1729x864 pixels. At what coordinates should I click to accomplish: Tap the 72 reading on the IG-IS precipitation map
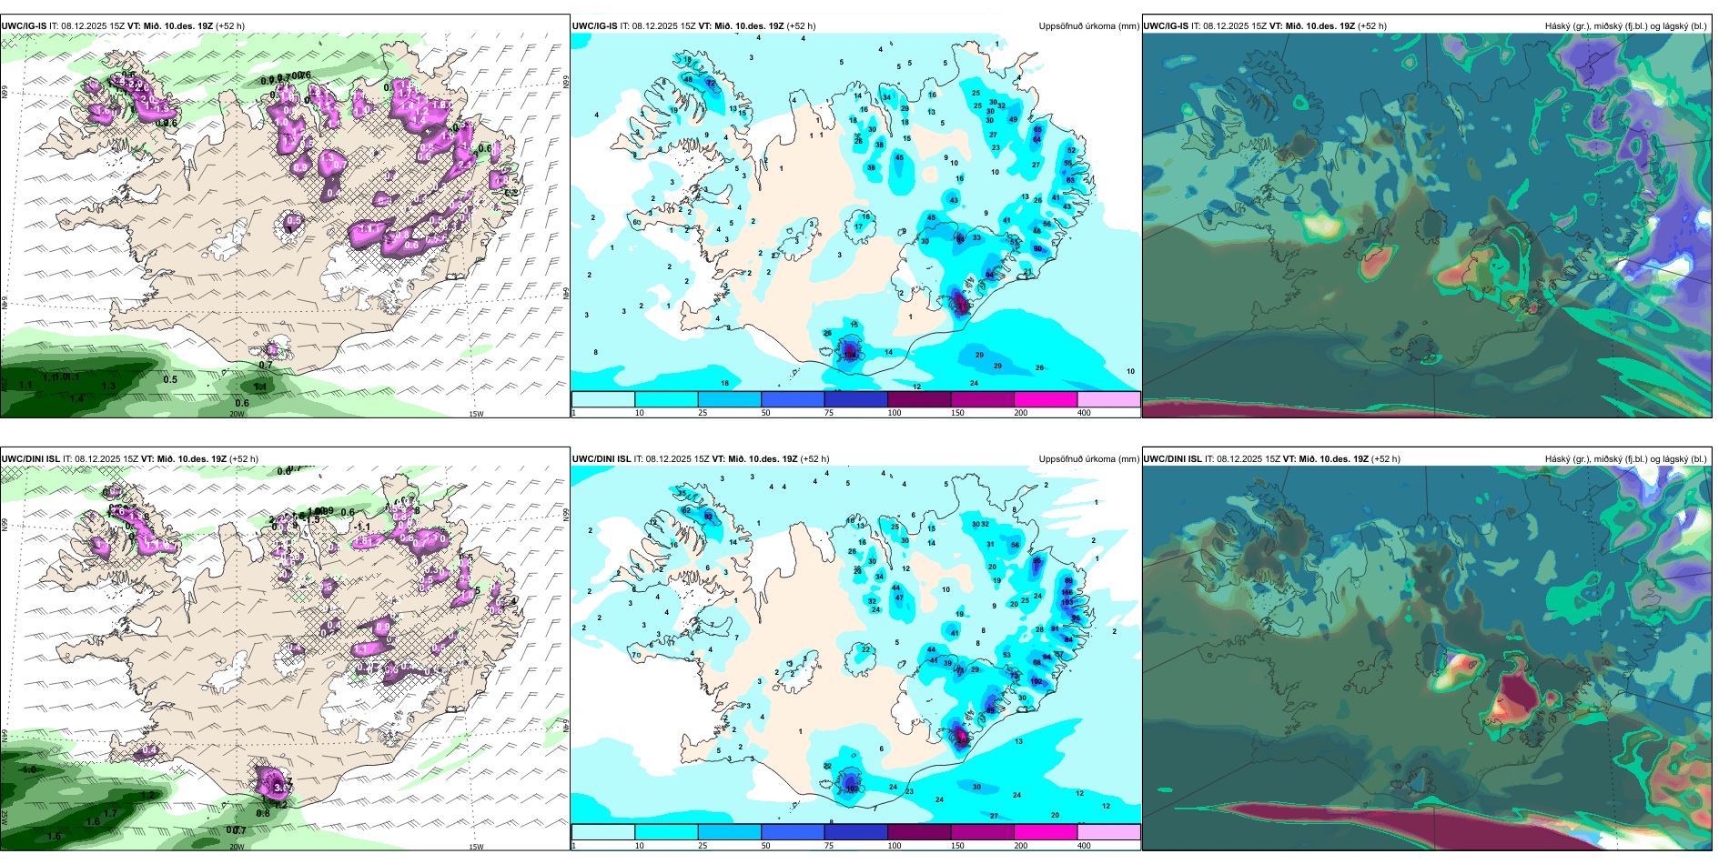point(711,83)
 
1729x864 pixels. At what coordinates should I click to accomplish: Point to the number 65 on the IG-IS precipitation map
point(1037,130)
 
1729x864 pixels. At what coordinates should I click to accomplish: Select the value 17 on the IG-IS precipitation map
point(858,226)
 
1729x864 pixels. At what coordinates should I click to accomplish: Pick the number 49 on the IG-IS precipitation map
point(1013,119)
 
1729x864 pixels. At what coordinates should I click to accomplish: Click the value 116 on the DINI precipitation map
point(1067,592)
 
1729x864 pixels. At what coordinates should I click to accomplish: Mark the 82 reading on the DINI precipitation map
point(708,516)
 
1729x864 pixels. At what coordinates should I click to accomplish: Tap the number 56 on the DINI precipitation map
point(1016,546)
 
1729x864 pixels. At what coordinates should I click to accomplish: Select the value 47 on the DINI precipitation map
point(899,598)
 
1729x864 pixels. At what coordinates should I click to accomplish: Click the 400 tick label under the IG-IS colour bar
point(1084,413)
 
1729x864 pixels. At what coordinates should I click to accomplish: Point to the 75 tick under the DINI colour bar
point(829,846)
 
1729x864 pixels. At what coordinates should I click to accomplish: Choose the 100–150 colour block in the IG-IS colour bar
point(919,399)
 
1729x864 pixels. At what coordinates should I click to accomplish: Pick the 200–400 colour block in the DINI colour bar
point(1046,832)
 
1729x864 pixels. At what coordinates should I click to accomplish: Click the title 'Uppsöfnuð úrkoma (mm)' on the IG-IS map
point(1088,26)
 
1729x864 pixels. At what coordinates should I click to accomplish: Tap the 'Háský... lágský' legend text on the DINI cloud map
point(1625,459)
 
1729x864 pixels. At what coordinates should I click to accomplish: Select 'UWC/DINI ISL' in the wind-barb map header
point(30,459)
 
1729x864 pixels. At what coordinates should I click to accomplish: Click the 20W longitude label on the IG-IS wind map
point(237,414)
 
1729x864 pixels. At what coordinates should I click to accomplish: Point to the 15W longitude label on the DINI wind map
point(476,847)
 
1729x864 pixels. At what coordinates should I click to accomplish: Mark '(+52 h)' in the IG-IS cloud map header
point(1371,26)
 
